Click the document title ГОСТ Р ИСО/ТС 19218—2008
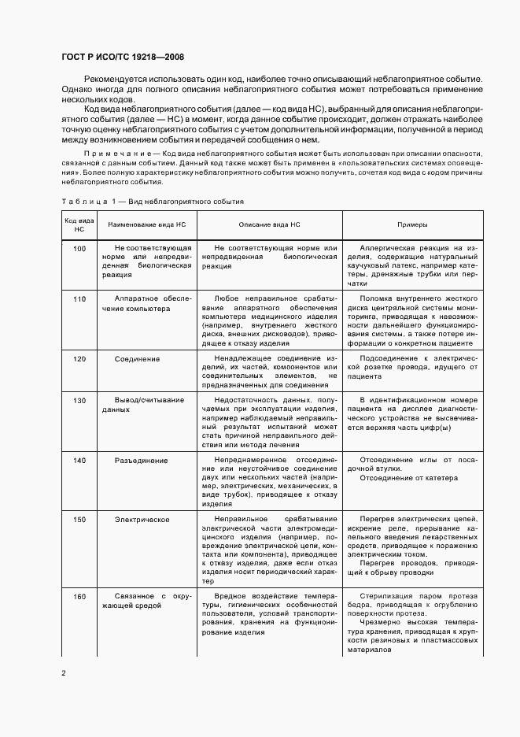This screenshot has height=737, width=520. [x=123, y=57]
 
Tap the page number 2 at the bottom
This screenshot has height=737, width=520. [x=63, y=673]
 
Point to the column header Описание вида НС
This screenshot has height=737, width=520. [x=270, y=224]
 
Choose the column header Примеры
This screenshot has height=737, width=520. [x=411, y=224]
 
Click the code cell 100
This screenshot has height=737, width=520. [x=79, y=248]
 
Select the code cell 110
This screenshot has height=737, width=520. [x=79, y=299]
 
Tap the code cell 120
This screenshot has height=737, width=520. [x=79, y=359]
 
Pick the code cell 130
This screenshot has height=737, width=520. [x=79, y=400]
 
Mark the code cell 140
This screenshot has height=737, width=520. [x=79, y=460]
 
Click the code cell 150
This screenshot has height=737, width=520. [x=79, y=520]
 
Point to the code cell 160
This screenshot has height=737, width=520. [x=79, y=596]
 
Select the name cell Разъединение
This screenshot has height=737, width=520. [x=141, y=460]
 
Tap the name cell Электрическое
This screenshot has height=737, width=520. [x=142, y=520]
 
